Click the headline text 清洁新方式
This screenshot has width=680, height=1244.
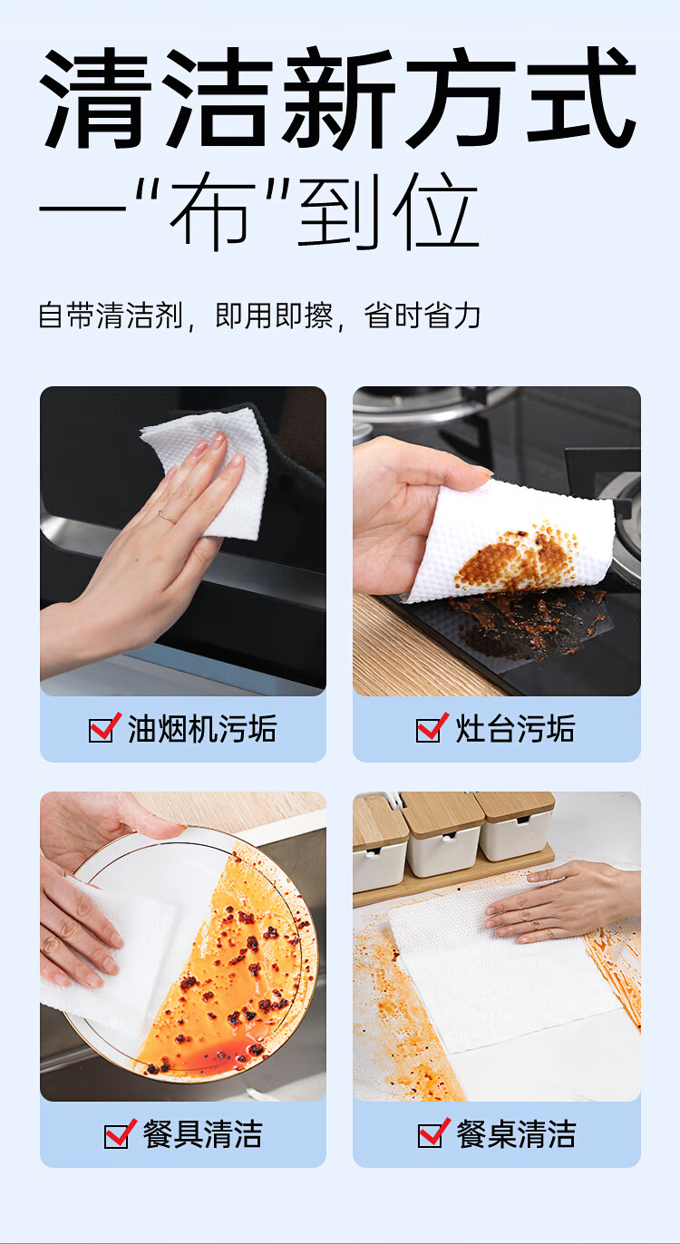tap(337, 100)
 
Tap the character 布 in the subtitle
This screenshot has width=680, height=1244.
tap(212, 214)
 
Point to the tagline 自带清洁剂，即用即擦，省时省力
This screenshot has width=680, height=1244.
tap(259, 316)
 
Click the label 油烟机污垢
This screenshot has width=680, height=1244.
tap(201, 729)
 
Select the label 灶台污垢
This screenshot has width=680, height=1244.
tap(515, 729)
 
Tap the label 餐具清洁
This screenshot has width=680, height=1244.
tap(201, 1134)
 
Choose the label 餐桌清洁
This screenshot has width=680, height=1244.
tap(515, 1134)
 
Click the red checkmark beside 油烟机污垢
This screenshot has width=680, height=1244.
tap(104, 727)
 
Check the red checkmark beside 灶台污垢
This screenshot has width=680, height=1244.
tap(432, 727)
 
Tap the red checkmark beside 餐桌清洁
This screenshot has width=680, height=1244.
tap(433, 1132)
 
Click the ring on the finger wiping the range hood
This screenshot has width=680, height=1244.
tap(167, 517)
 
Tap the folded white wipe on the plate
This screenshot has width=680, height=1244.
tap(109, 961)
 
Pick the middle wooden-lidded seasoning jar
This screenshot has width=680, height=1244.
tap(442, 832)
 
